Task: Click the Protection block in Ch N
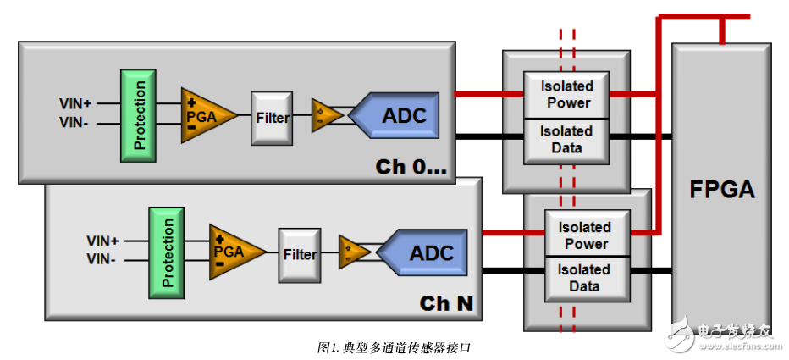167,252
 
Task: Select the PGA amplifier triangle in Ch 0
201,115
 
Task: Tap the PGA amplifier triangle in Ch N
229,252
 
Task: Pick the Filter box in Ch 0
271,117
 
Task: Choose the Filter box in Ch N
300,254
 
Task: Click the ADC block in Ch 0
398,115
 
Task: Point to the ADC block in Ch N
426,252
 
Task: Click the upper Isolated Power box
566,95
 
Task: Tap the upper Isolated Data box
566,141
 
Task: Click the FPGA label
722,189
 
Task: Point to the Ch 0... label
411,167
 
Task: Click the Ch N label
446,303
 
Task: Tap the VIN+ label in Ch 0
75,103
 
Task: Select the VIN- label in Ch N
102,260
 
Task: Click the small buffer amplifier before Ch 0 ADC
323,114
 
